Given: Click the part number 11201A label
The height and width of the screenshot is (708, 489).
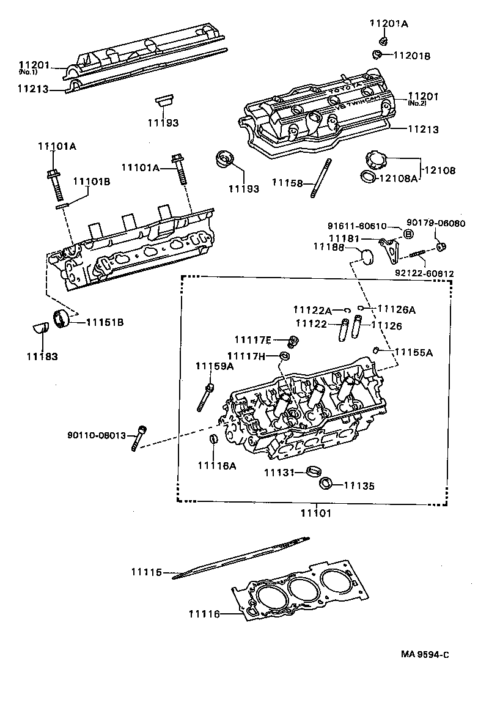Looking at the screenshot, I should pyautogui.click(x=388, y=24).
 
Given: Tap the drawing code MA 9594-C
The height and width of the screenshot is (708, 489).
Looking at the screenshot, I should pyautogui.click(x=425, y=654).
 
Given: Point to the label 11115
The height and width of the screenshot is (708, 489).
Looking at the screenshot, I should pyautogui.click(x=145, y=572).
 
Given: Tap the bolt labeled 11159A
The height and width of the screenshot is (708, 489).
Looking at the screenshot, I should pyautogui.click(x=205, y=397).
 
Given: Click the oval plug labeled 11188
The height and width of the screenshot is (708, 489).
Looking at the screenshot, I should pyautogui.click(x=365, y=258).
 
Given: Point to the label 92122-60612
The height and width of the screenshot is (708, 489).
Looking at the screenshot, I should pyautogui.click(x=424, y=273).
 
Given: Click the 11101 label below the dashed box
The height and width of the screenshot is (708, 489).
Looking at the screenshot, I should pyautogui.click(x=316, y=514).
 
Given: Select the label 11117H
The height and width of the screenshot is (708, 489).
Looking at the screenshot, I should pyautogui.click(x=246, y=356).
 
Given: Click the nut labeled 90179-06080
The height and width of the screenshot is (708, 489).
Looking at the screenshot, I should pyautogui.click(x=441, y=247).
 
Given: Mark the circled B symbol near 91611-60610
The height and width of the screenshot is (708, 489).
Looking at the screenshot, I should pyautogui.click(x=408, y=234).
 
